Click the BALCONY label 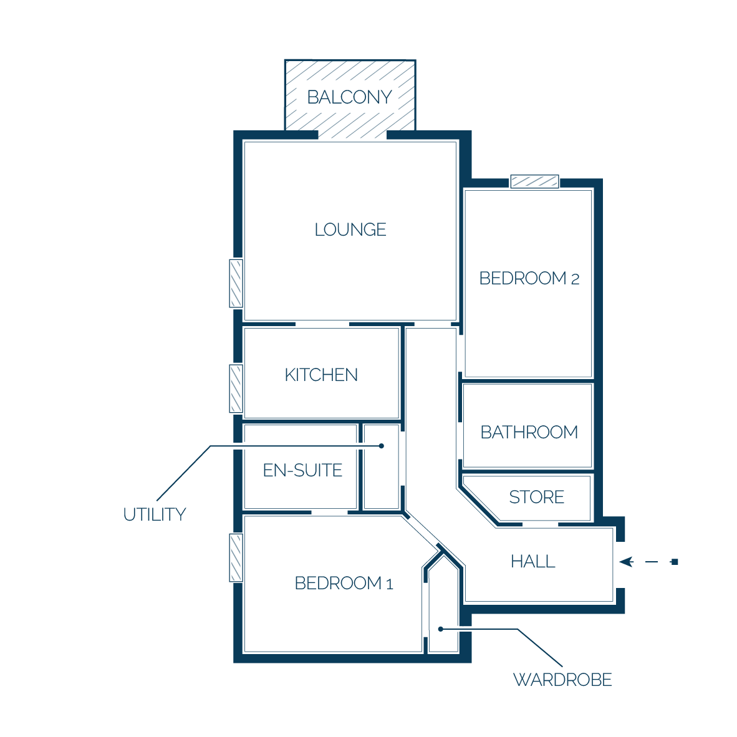tap(349, 97)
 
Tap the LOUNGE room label tap(350, 230)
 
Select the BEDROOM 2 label tap(529, 278)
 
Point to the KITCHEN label tap(321, 375)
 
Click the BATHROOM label tap(529, 433)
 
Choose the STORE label tap(536, 498)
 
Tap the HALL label tap(533, 562)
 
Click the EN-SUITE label tap(302, 471)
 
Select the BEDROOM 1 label tap(344, 583)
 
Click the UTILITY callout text tap(155, 514)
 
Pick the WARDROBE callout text tap(562, 680)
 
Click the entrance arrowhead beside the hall tap(626, 562)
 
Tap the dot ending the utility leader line tap(382, 446)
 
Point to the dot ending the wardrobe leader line tap(440, 629)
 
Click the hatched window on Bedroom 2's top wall tap(534, 181)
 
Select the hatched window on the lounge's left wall tap(236, 284)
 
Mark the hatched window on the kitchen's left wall tap(236, 388)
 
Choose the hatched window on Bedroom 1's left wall tap(236, 558)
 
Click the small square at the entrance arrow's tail tap(675, 562)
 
